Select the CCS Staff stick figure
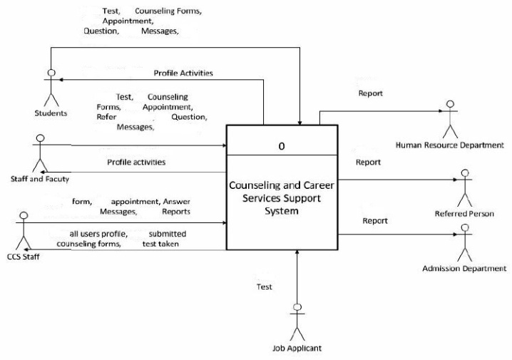[x=24, y=230]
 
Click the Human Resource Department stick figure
[x=449, y=119]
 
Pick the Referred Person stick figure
[x=465, y=187]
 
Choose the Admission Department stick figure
[x=465, y=243]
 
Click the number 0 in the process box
[x=282, y=146]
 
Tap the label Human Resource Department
[x=449, y=145]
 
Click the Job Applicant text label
[x=297, y=349]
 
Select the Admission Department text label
[x=464, y=269]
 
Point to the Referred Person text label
[x=464, y=214]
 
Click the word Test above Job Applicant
[x=264, y=287]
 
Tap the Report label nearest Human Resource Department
[x=370, y=93]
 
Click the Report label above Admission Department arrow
[x=375, y=221]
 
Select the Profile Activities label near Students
[x=183, y=73]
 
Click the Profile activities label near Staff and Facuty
[x=136, y=163]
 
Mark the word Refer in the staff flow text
[x=107, y=116]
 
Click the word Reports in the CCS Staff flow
[x=175, y=212]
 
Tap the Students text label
[x=51, y=113]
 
